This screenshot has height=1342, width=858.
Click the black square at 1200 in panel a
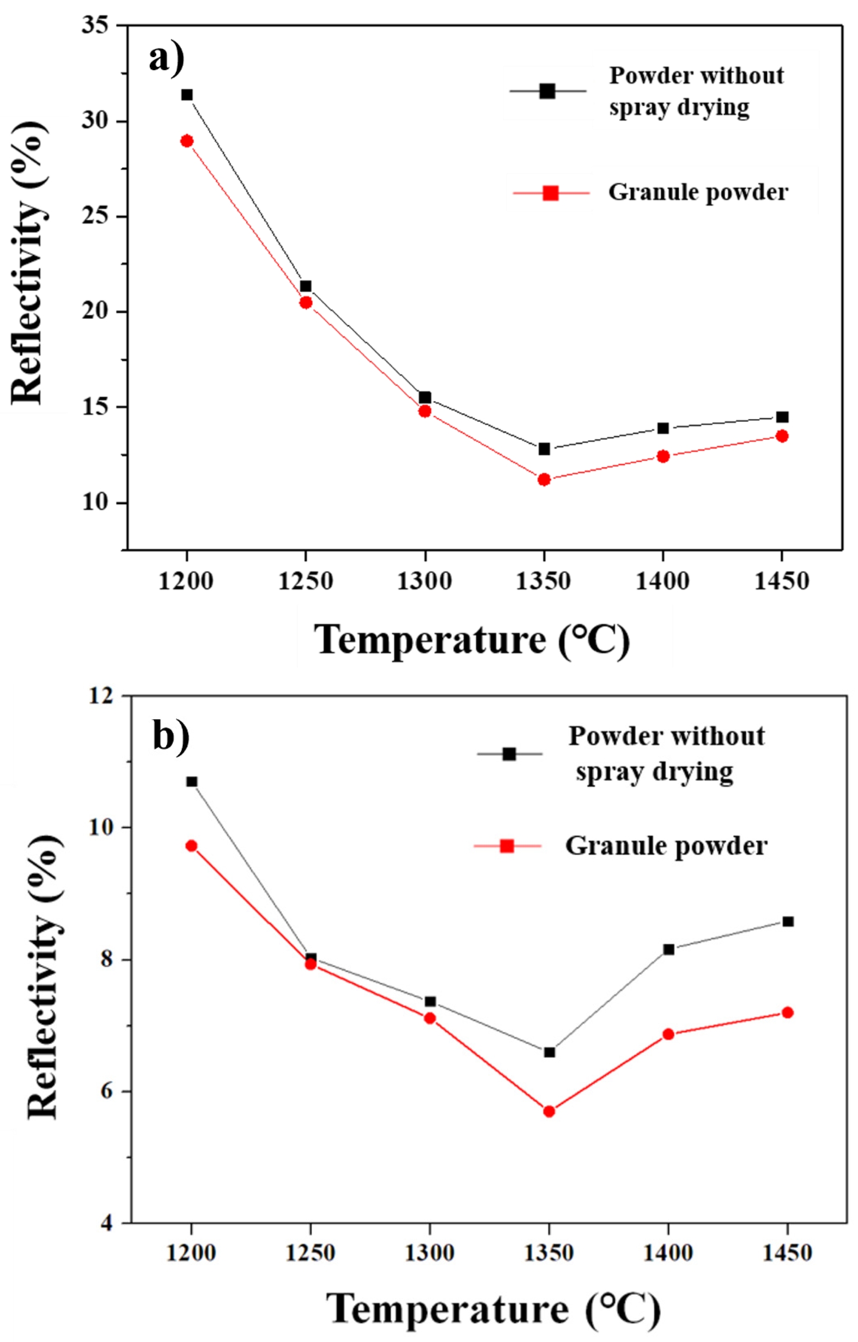(x=187, y=95)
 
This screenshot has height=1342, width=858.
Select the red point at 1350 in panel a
(x=544, y=479)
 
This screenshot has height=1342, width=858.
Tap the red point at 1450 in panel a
(x=782, y=436)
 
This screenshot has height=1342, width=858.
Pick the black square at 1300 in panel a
(x=425, y=397)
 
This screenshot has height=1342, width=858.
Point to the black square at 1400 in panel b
(x=668, y=949)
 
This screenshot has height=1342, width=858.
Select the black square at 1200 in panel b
(x=192, y=782)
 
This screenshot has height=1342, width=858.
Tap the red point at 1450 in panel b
(x=787, y=1013)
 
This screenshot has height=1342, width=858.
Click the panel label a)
(x=167, y=58)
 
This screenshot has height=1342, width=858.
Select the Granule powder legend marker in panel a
(x=551, y=193)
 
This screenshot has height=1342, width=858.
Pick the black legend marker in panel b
(x=509, y=754)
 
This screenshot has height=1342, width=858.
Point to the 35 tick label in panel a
(x=95, y=26)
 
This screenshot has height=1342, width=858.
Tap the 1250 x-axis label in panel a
(x=306, y=581)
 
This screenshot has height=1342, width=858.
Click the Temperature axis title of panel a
(x=472, y=639)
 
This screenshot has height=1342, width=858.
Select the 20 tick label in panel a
(x=95, y=312)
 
